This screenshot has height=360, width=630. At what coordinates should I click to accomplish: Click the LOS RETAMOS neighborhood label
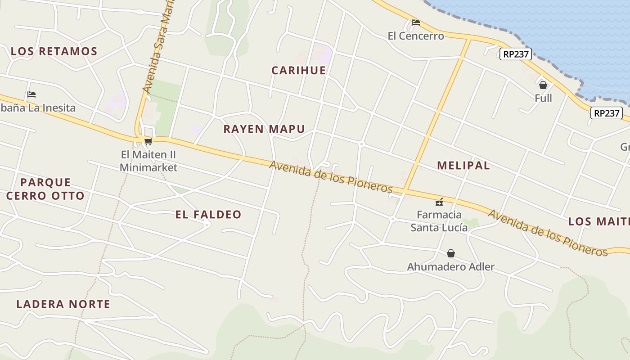click(x=54, y=51)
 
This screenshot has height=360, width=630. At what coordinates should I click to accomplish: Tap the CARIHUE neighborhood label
click(x=298, y=70)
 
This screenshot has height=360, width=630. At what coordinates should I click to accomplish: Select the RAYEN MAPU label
click(x=264, y=129)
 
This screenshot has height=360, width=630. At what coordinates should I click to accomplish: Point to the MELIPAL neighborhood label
click(x=463, y=165)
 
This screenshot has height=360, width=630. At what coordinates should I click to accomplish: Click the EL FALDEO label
click(x=208, y=215)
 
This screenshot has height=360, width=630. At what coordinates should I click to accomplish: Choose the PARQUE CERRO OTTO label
click(x=45, y=189)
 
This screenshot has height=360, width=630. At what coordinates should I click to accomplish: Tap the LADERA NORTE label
click(x=63, y=304)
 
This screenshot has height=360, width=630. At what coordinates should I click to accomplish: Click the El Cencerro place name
click(x=416, y=36)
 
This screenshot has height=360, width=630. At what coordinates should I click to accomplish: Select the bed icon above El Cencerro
click(x=416, y=22)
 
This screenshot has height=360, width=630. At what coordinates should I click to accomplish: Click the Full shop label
click(x=543, y=98)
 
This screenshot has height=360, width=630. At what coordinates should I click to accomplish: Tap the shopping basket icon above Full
click(x=543, y=85)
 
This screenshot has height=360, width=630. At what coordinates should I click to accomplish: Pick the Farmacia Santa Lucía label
click(x=439, y=221)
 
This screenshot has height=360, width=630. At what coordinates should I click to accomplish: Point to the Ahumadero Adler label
click(x=450, y=267)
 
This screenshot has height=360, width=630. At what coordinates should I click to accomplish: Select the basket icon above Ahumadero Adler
click(x=451, y=253)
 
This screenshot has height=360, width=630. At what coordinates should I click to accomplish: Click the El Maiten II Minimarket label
click(x=148, y=161)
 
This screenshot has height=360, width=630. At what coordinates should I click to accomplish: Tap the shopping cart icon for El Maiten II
click(x=148, y=141)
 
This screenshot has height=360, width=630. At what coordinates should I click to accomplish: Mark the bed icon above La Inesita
click(x=31, y=94)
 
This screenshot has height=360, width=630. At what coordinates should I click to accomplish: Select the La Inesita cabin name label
click(x=38, y=108)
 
